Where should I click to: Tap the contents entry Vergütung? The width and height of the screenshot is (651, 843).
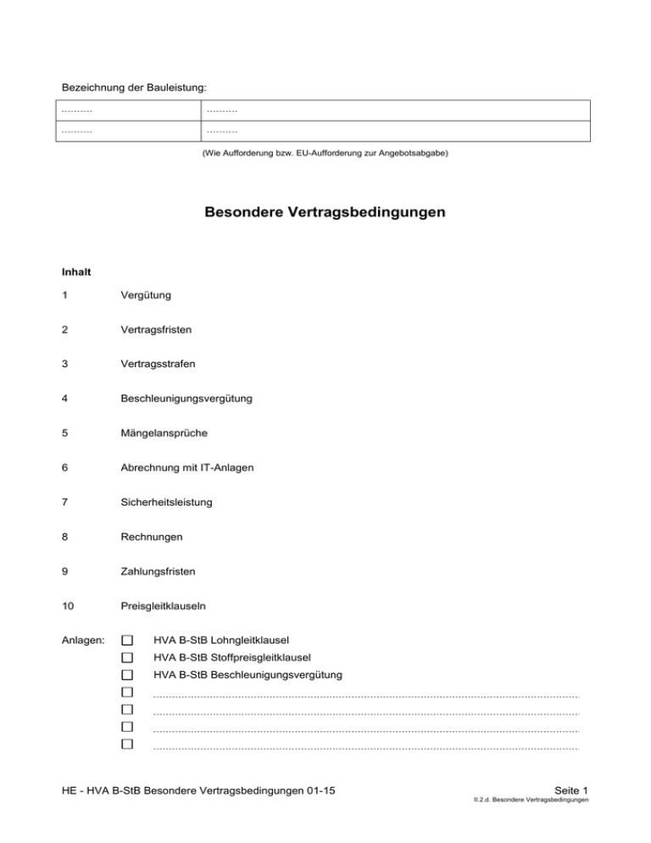(146, 295)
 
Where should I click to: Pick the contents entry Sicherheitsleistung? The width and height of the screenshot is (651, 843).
(164, 502)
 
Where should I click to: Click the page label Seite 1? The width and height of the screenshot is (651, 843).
(570, 790)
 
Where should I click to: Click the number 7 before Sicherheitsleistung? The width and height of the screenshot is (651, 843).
(66, 502)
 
